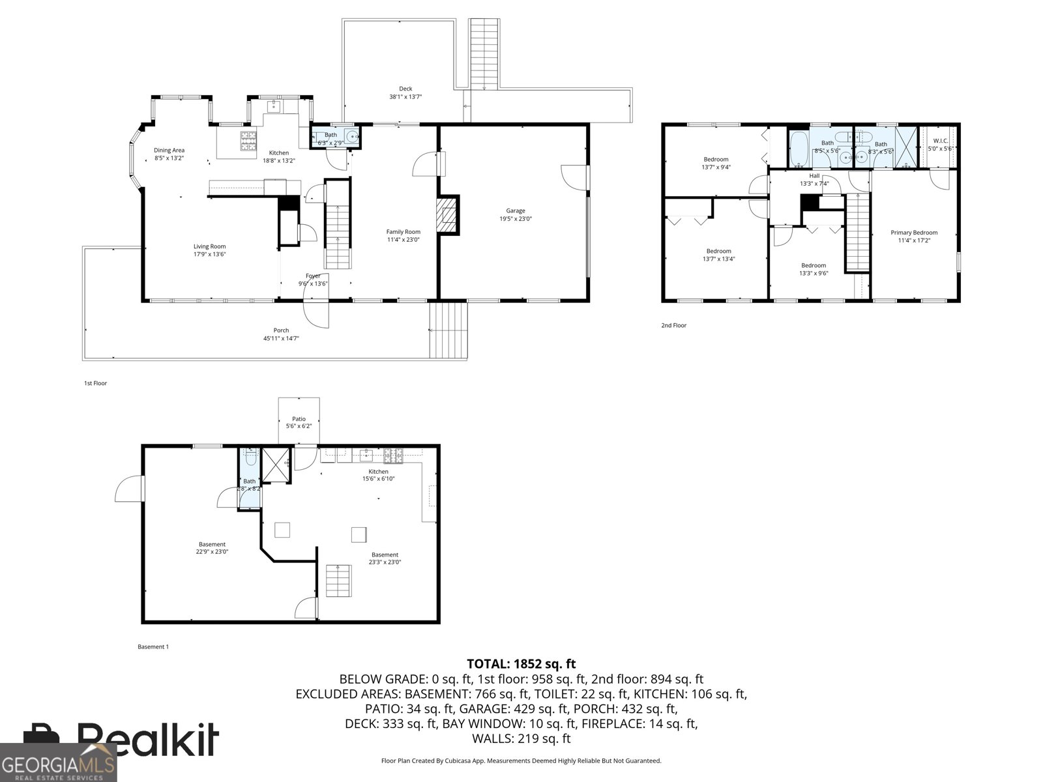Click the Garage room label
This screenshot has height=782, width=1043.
[x=515, y=210]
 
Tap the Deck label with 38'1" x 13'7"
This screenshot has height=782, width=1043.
[x=405, y=89]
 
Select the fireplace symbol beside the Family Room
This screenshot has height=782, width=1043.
[x=448, y=214]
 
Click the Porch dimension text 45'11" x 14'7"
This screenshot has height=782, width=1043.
[x=281, y=338]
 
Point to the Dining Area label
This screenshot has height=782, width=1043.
[x=169, y=150]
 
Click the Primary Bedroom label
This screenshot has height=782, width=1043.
[x=914, y=233]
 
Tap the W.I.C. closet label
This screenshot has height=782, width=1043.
[x=940, y=140]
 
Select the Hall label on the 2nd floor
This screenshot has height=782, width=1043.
[x=814, y=176]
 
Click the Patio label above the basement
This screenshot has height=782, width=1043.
[x=299, y=419]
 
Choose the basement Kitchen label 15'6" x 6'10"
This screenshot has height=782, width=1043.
[x=378, y=472]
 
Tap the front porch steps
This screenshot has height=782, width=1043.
[x=448, y=330]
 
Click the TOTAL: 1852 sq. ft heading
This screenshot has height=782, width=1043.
[x=521, y=664]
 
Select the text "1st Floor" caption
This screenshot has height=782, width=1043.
[x=95, y=383]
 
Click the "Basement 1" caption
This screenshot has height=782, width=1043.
[x=153, y=647]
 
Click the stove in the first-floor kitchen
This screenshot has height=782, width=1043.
[x=249, y=141]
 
